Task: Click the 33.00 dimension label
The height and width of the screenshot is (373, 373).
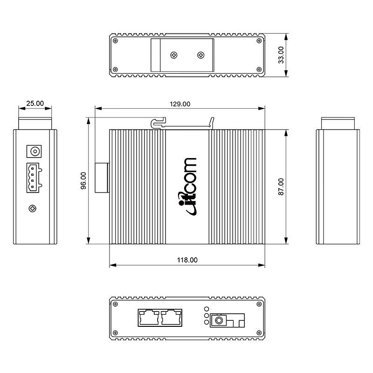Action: pos(281,55)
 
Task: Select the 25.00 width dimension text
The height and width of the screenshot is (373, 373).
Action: pos(35,104)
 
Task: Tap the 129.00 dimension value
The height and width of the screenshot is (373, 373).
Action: pos(180,104)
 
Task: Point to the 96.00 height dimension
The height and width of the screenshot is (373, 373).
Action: pos(83,181)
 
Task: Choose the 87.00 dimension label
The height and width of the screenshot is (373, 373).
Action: pos(281,186)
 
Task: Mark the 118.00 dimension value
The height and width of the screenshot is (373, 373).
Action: pos(187,260)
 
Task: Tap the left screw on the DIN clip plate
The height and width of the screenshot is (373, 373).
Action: pos(174,55)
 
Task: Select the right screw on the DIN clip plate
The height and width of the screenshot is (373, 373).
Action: pos(201,55)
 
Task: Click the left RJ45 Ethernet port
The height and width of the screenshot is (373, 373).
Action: pos(149,318)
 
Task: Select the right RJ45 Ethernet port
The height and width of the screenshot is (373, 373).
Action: pos(171,318)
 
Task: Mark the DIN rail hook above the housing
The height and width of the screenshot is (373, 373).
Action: pos(159,123)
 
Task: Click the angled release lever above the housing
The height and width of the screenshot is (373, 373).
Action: pos(212,122)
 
